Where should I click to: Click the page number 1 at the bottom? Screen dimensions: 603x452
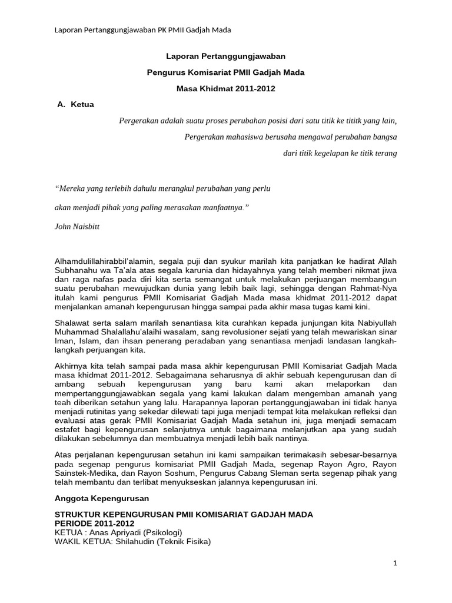point(396,563)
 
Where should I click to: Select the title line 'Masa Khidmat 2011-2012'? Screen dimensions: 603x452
point(226,89)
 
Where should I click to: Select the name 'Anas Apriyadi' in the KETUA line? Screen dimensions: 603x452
point(107,532)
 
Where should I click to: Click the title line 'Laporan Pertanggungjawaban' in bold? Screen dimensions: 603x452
point(226,57)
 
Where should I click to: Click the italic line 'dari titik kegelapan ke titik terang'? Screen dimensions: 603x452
point(340,154)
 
